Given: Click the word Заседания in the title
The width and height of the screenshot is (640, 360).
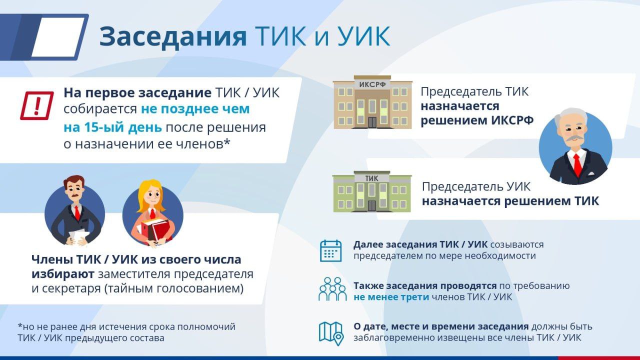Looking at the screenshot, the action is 173,37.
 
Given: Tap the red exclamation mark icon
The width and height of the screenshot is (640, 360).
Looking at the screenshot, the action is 37,105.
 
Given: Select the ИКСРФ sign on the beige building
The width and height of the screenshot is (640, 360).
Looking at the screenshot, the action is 372,84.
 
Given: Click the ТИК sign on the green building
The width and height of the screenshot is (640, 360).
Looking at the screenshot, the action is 371,178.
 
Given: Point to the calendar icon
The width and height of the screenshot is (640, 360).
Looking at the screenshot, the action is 331,251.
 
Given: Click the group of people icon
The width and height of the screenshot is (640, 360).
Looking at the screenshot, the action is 332,289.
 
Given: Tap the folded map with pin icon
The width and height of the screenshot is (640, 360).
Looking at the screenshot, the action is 331,333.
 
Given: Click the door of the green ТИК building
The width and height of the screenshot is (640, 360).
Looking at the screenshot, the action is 371,205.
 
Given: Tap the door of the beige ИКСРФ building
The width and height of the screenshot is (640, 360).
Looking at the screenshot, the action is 372,122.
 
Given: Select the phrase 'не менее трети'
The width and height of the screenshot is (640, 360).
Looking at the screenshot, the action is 391,297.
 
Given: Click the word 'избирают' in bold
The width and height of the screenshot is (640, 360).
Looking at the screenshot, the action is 63,274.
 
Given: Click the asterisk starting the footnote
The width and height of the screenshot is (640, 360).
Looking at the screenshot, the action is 19,325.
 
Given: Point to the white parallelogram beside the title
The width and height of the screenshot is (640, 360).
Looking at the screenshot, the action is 58,37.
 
